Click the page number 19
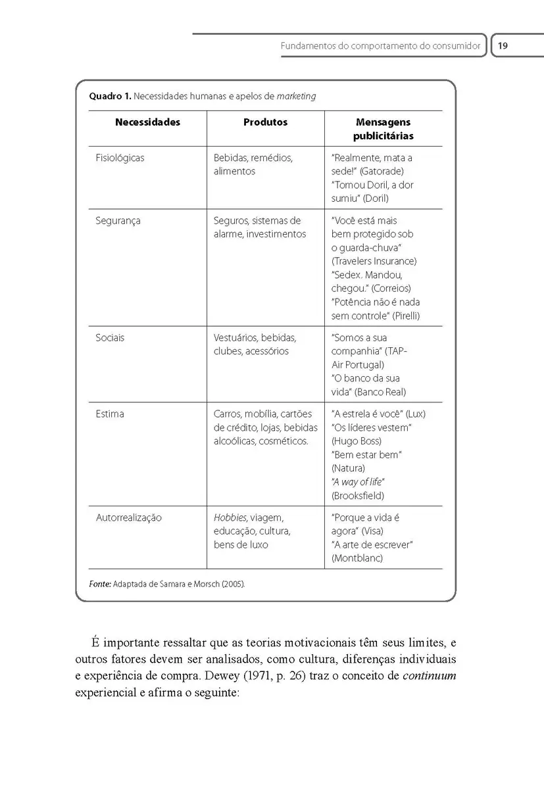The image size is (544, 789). point(503,47)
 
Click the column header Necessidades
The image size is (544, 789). point(147,122)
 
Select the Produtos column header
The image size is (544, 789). point(265,122)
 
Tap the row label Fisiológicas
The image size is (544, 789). point(120,158)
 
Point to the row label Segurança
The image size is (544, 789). point(118,221)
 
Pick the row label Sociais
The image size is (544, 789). point(110,338)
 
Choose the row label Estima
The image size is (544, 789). point(110,414)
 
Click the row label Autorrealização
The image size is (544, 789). point(128,517)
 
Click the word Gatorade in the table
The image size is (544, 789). point(383,172)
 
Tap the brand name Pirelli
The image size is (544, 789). point(405,316)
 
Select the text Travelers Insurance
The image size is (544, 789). point(374,261)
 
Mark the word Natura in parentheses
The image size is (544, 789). point(349,468)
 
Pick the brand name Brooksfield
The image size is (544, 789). point(358,495)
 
